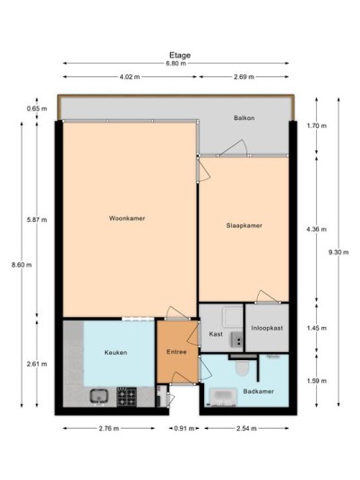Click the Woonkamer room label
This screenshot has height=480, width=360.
[127, 219]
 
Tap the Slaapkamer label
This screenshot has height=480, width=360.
[244, 226]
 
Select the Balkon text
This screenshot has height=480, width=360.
[244, 118]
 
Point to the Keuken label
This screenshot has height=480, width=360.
[116, 352]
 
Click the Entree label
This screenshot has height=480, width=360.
[176, 352]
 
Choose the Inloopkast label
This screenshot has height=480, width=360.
[267, 328]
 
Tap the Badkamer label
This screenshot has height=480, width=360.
[259, 391]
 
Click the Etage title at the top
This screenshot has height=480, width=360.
[180, 56]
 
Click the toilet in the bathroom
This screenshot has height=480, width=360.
[243, 367]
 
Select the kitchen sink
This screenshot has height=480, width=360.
[99, 396]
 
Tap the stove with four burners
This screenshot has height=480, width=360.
[126, 397]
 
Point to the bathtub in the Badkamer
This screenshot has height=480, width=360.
[223, 397]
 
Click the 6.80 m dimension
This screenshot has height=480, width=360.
[176, 64]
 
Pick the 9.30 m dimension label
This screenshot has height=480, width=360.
[339, 253]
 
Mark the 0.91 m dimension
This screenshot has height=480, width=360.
[184, 428]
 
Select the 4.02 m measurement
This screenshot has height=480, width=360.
[130, 77]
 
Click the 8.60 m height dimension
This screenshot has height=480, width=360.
[21, 265]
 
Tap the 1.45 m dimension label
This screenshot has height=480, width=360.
[316, 328]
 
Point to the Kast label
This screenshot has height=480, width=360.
[216, 334]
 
